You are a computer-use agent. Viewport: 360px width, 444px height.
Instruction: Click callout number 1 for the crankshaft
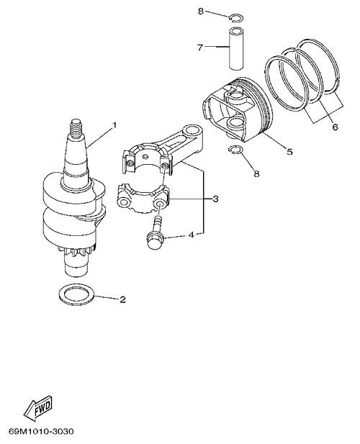(114, 124)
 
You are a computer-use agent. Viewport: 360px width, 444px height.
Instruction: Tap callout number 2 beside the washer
(122, 299)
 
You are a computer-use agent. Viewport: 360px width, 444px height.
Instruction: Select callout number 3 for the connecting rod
(215, 199)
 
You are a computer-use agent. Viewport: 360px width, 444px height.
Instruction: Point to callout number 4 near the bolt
(192, 235)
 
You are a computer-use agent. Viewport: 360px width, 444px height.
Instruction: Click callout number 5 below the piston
(289, 152)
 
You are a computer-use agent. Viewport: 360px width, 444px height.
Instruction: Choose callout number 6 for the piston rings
(335, 127)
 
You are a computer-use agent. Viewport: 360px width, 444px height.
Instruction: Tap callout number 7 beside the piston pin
(200, 47)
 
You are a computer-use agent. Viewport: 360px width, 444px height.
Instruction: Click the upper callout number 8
(201, 12)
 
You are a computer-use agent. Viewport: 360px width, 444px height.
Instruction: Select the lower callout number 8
(256, 173)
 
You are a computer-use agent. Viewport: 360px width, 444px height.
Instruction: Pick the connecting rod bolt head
(154, 241)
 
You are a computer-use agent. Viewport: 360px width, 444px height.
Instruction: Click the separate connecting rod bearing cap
(143, 198)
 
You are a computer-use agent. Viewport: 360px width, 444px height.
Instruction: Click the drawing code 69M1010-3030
(41, 432)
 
